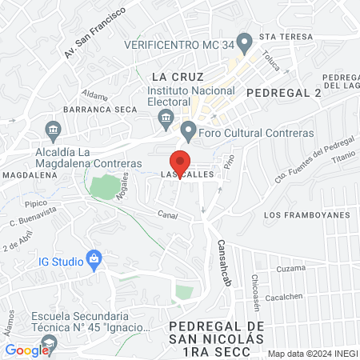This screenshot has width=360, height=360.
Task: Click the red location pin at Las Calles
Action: pos(181,162)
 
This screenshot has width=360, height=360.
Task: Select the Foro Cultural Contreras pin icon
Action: pos(189,129)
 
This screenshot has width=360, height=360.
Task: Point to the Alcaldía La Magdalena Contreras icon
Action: pos(53,129)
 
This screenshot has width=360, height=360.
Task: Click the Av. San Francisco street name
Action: pos(95,36)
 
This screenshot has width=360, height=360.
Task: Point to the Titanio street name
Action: pos(340,161)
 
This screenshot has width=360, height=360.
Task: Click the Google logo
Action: pos(26,350)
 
